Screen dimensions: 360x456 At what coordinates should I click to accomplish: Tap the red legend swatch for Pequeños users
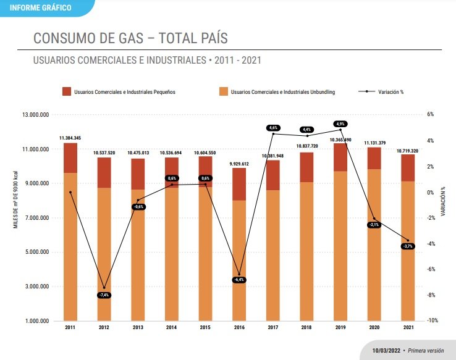coord(66,92)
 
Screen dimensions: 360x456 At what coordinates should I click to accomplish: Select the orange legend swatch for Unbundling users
coord(223,92)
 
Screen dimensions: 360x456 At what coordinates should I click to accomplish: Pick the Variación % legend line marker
coord(367,92)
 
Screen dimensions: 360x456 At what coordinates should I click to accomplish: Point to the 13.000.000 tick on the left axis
coord(35,115)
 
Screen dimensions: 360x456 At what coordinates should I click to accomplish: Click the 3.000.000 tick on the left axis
coord(37,287)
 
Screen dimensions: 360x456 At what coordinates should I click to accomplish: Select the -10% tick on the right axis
coord(433,320)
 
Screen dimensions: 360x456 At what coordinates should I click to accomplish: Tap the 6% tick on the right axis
coord(431,115)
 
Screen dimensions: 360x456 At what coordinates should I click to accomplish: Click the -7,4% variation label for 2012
coord(104,295)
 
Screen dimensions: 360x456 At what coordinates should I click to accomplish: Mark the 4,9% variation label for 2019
coord(340,123)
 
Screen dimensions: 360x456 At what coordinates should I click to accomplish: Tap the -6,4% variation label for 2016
coord(239,280)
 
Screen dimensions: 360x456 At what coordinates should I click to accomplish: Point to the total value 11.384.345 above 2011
coord(70,138)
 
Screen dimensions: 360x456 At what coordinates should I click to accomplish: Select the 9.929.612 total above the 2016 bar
coord(239,164)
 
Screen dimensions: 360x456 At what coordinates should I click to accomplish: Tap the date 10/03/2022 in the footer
coord(385,350)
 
